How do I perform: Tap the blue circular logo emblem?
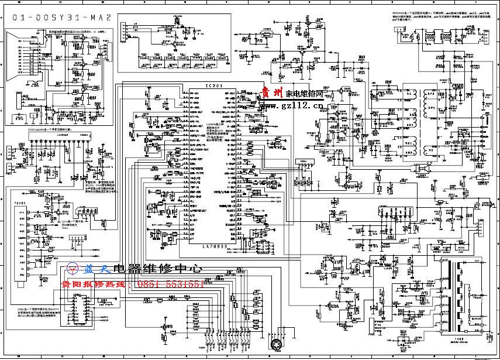(75, 269)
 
